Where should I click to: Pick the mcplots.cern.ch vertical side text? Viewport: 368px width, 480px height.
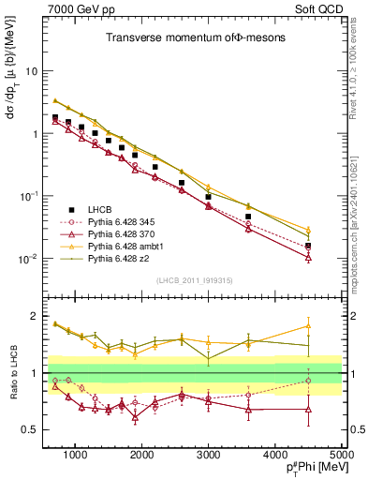click(360, 187)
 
